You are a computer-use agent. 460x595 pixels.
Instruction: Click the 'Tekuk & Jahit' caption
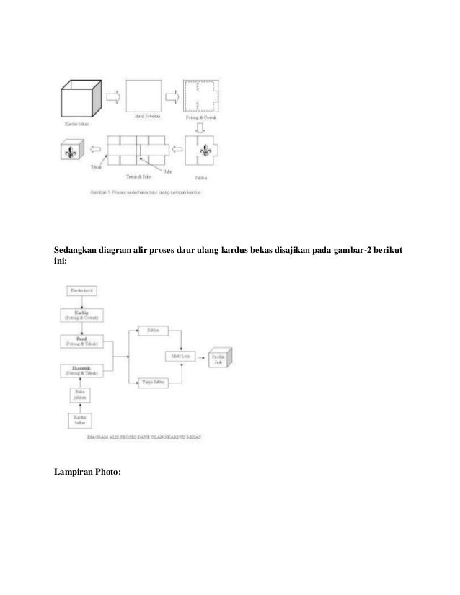point(138,175)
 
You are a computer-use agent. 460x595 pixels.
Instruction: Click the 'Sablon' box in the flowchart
point(152,330)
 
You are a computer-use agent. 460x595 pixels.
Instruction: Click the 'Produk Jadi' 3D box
point(220,358)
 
